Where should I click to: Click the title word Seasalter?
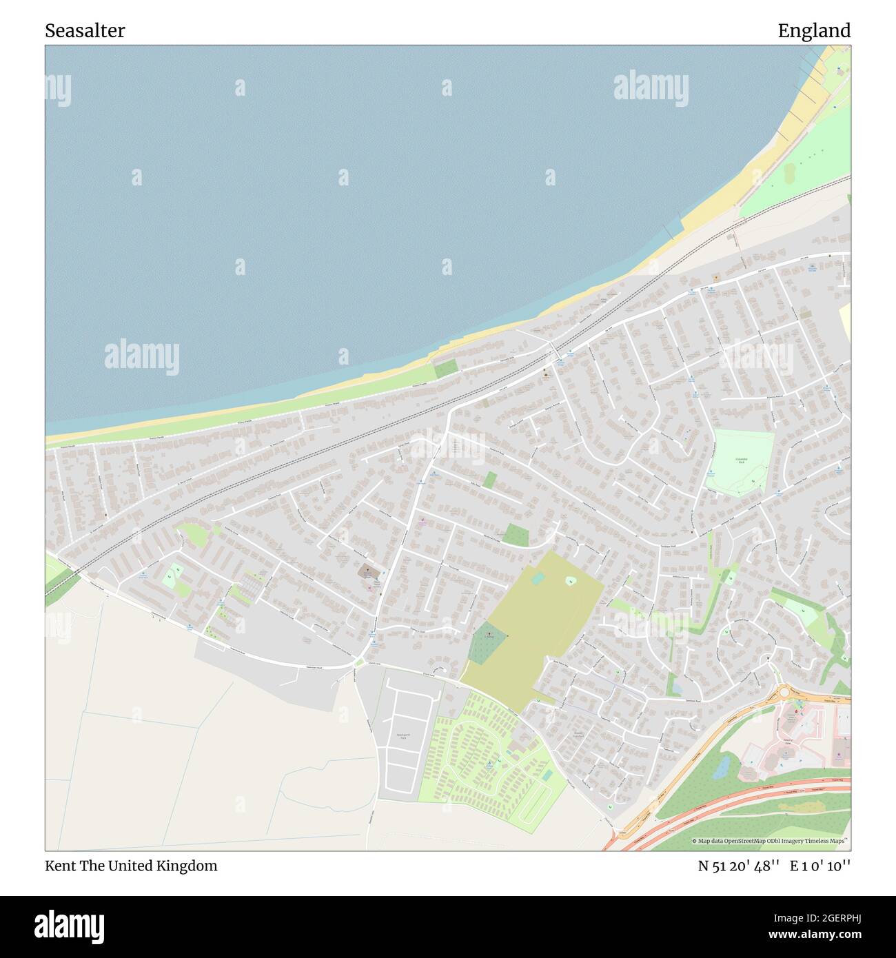pyautogui.click(x=85, y=31)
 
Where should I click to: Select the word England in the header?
pyautogui.click(x=814, y=31)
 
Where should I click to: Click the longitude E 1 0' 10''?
pyautogui.click(x=820, y=866)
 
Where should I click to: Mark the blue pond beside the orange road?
pyautogui.click(x=721, y=765)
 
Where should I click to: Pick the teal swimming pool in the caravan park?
pyautogui.click(x=547, y=775)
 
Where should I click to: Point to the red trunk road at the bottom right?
pyautogui.click(x=751, y=799)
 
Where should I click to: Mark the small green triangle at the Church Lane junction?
pyautogui.click(x=359, y=663)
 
